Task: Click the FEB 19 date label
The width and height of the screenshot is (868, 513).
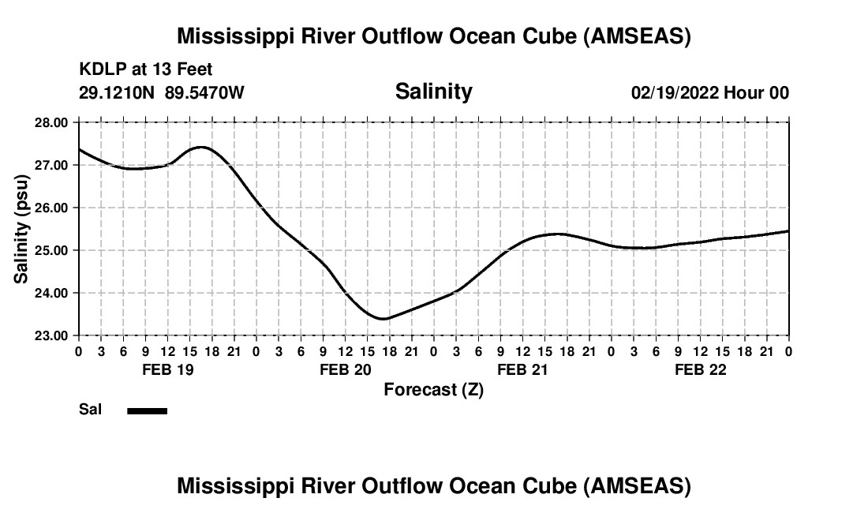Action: click(167, 369)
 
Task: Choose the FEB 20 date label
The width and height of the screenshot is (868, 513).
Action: click(345, 369)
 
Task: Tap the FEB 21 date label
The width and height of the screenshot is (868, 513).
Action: click(522, 369)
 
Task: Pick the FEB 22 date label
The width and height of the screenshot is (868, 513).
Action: click(700, 369)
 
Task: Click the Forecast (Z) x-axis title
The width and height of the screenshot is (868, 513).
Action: click(433, 389)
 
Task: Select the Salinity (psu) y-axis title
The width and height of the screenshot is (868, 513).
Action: click(21, 229)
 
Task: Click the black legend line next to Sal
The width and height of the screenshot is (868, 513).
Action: click(148, 410)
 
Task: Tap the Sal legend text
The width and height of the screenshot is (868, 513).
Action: click(90, 410)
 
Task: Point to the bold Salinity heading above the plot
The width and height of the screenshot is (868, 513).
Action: click(433, 92)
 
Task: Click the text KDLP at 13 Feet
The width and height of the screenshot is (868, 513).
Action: click(146, 70)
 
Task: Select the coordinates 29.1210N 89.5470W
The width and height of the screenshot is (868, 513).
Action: click(162, 93)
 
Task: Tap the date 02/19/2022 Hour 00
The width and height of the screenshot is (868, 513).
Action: click(709, 93)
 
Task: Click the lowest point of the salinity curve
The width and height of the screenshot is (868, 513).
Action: click(383, 319)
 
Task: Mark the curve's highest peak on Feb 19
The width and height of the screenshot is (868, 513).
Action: click(201, 147)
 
